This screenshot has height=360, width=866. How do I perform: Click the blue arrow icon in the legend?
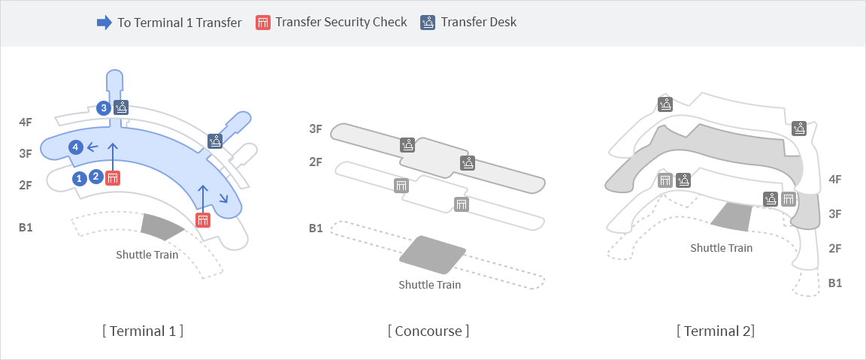[x=104, y=22]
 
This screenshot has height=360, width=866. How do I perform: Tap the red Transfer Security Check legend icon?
[x=263, y=22]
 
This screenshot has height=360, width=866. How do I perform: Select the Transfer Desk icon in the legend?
[x=428, y=22]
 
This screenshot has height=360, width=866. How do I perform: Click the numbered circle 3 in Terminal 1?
[x=104, y=107]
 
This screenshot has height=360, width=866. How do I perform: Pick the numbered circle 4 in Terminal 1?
[x=75, y=147]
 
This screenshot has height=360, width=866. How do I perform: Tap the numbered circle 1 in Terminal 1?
[x=80, y=178]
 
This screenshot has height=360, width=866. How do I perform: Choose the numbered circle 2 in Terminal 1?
[x=96, y=177]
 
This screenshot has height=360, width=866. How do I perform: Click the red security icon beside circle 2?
[x=113, y=178]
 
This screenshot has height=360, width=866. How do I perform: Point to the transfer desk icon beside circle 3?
[x=121, y=107]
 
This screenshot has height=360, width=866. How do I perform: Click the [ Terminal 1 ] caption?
[x=142, y=331]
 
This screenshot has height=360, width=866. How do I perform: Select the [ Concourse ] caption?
[x=428, y=331]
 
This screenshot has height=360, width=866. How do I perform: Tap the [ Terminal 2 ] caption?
[x=716, y=331]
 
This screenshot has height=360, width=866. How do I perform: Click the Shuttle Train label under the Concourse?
[x=429, y=285]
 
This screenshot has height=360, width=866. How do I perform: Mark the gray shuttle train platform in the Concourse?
[x=432, y=254]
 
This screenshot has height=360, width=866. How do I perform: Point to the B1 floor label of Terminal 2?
[x=834, y=283]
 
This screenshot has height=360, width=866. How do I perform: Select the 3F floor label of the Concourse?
[x=316, y=129]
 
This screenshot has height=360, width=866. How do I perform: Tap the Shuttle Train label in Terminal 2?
[x=721, y=247]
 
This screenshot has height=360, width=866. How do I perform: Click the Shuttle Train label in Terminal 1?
[x=147, y=254]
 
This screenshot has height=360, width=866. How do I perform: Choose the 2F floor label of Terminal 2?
[x=834, y=248]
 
